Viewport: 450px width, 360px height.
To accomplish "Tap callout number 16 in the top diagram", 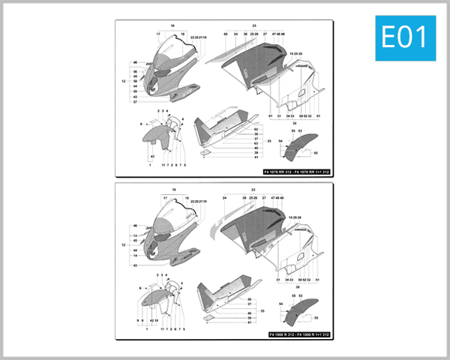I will point(172,25).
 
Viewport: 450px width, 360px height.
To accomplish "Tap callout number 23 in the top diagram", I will point(254,25).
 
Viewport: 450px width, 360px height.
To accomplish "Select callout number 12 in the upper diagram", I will point(122,80).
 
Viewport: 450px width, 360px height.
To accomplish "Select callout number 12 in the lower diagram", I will point(122,244).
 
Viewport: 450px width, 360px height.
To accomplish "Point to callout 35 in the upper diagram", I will point(269,140).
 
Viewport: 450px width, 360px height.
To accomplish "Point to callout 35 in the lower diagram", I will point(262,308).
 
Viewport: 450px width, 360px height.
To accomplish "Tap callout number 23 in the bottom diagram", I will point(254,190).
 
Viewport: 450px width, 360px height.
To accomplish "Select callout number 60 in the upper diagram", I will point(226,34).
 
